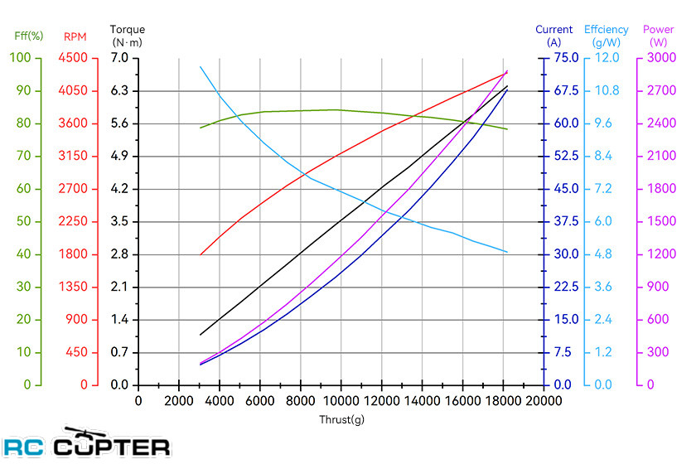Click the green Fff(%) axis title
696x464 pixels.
[29, 36]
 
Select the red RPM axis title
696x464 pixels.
[75, 36]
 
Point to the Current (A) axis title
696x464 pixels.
[554, 36]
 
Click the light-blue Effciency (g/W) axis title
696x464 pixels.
[606, 36]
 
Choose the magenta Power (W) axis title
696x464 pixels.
[659, 36]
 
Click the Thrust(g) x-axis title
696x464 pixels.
[341, 419]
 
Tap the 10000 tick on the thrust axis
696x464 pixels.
[341, 401]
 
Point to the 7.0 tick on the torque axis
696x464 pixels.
[119, 58]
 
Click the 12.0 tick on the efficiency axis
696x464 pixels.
[609, 58]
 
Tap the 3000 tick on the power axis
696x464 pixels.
[659, 58]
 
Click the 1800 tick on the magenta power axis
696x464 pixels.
[659, 189]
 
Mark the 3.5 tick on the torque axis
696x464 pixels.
[119, 221]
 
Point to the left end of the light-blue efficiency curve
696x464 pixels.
[201, 67]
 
